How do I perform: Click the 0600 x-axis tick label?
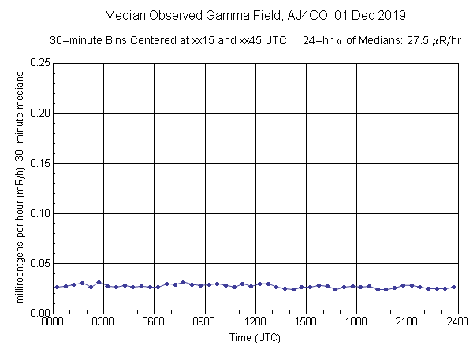[154, 322]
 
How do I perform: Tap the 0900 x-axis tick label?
[204, 322]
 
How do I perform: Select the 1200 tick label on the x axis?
[255, 322]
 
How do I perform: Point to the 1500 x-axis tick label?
[306, 322]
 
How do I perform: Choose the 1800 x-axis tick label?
[357, 322]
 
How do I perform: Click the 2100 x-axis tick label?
[408, 322]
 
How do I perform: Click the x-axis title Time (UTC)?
[255, 337]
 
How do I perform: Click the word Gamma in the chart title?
[215, 15]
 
